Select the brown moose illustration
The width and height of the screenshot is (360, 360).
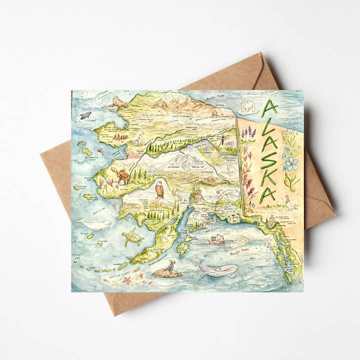click(x=121, y=175)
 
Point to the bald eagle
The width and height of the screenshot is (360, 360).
click(x=159, y=189)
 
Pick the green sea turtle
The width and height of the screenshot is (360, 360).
click(x=132, y=237)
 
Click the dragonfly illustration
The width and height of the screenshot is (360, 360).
click(x=222, y=138)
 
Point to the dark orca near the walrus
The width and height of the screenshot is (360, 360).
click(x=86, y=115)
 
